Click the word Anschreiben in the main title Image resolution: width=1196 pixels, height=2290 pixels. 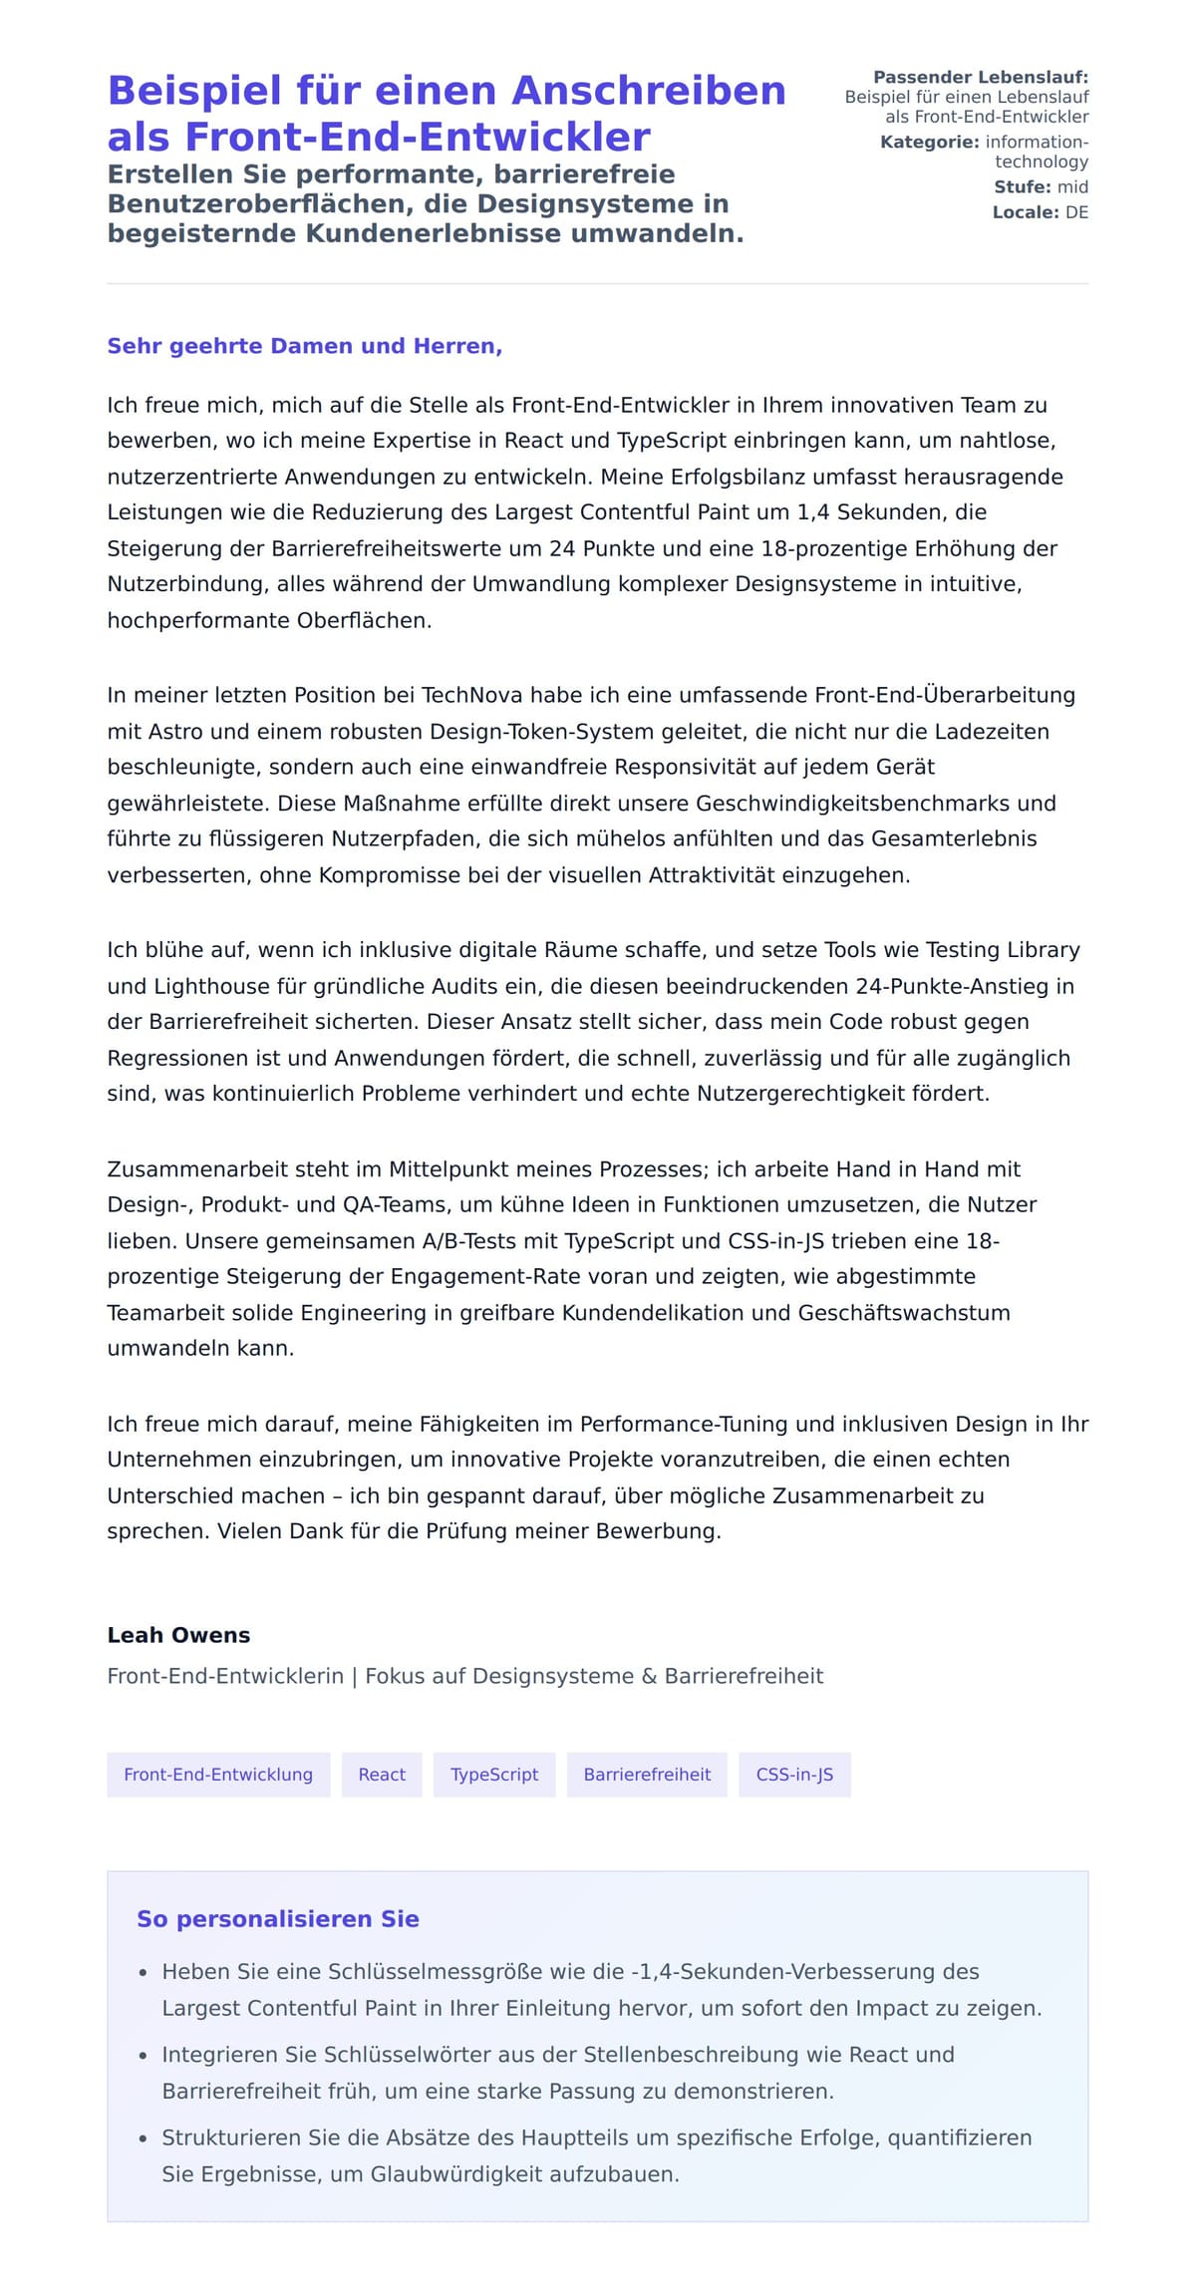coord(649,91)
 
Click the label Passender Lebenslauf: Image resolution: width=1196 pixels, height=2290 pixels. coord(981,77)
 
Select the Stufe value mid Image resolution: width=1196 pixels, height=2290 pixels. coord(1072,186)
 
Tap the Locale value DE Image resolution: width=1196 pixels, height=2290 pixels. coord(1076,212)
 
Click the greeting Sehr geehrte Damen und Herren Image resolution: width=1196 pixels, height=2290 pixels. coord(304,346)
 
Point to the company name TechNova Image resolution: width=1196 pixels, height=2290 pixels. coord(471,695)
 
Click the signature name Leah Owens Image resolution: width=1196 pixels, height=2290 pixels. coord(178,1635)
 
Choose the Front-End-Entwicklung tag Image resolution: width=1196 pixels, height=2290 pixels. coord(218,1775)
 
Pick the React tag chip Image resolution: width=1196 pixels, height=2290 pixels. coord(382,1775)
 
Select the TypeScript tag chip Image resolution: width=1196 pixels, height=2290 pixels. coord(494,1775)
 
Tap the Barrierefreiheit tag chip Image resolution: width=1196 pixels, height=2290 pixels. coord(647,1775)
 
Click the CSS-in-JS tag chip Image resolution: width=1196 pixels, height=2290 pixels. coord(794,1775)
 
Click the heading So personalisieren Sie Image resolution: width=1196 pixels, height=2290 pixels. coord(278,1919)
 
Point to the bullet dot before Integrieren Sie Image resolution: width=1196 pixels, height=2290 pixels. coord(144,2056)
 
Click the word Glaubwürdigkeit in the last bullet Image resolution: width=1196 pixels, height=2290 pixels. coord(466,2174)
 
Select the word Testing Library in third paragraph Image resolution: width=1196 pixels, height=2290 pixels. coord(1003,950)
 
